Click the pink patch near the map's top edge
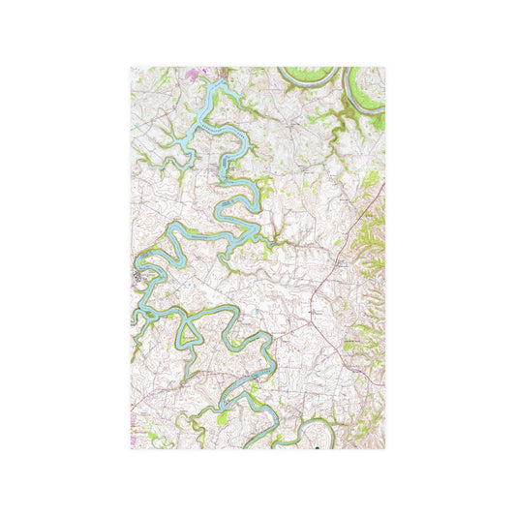point(203,72)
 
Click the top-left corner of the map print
point(131,67)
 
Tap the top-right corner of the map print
point(385,67)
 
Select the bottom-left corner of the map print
point(131,448)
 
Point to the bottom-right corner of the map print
point(385,448)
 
